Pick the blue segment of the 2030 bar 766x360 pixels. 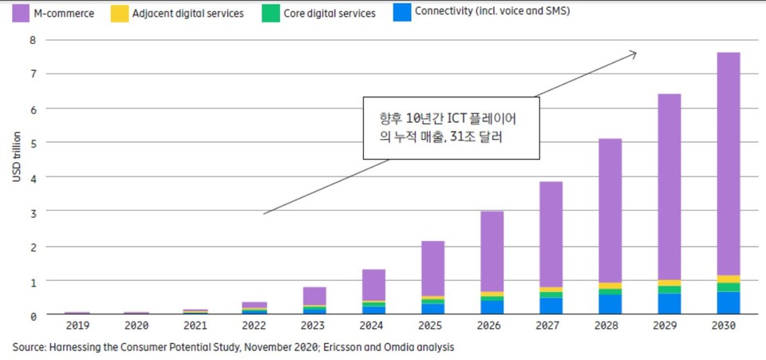[727, 303]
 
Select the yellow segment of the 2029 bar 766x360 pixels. [669, 283]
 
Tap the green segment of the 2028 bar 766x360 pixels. [610, 291]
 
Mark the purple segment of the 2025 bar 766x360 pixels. [433, 268]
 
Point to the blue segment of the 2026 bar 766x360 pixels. [492, 307]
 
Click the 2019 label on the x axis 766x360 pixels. [77, 326]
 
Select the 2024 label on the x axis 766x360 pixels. [373, 326]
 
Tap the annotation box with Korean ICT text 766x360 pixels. [451, 128]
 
